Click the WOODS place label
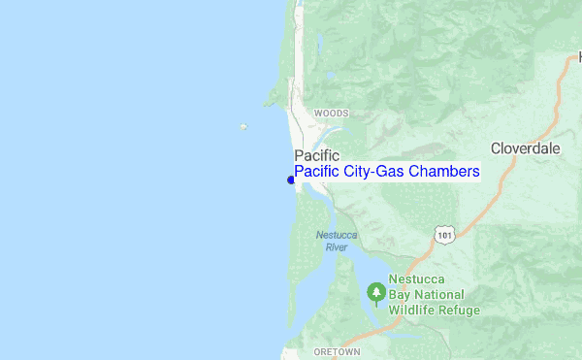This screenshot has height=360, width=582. tap(331, 114)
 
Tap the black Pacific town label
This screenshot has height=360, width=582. tap(316, 154)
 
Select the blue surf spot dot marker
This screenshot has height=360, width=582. tap(290, 180)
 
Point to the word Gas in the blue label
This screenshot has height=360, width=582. tap(389, 172)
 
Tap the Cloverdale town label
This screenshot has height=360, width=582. tap(525, 148)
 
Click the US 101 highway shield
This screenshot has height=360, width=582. tap(444, 235)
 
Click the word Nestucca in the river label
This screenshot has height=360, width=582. tap(336, 236)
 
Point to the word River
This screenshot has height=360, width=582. tap(336, 247)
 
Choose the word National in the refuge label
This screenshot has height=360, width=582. tap(441, 295)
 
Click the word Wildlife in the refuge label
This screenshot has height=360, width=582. tap(413, 311)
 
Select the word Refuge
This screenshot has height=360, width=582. tap(460, 311)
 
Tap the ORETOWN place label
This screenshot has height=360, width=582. tap(336, 351)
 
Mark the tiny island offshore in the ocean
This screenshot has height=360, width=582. tap(243, 126)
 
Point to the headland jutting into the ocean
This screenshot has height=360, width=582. tap(272, 97)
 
